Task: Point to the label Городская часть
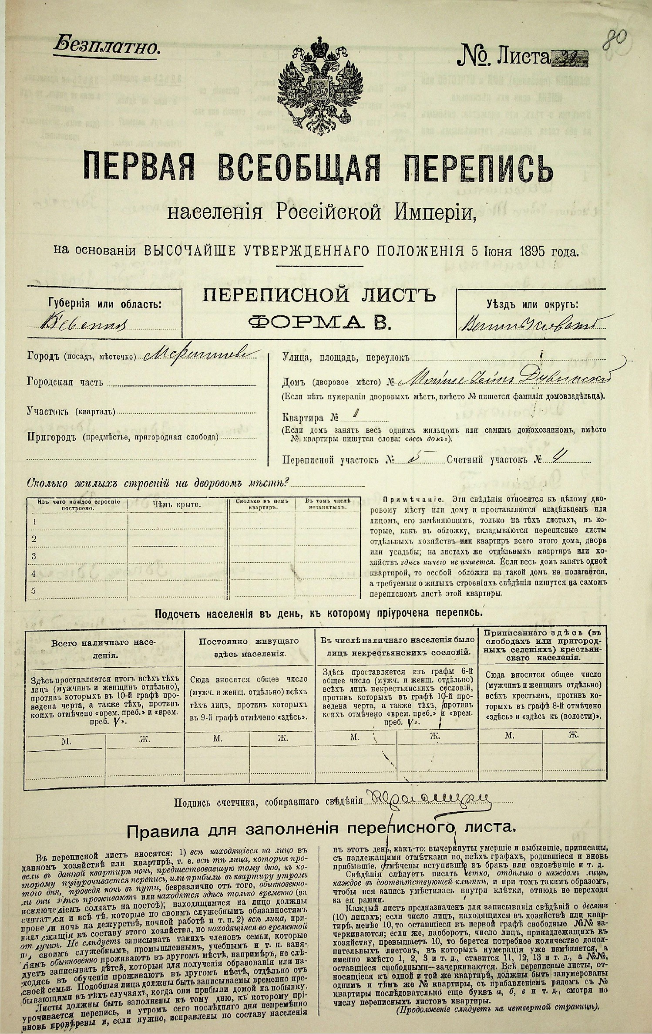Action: (x=65, y=382)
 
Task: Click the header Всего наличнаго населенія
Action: (x=104, y=648)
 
